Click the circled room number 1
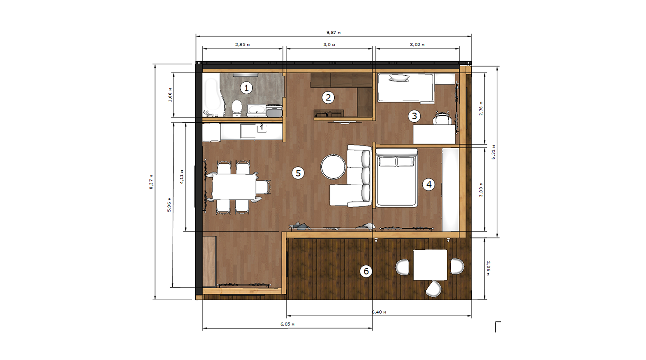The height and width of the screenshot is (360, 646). point(246,88)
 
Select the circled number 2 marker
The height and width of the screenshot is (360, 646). point(328,98)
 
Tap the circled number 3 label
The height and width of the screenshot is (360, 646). point(414,116)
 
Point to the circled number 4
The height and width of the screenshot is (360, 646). point(429,184)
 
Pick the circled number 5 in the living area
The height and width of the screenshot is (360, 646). point(298,173)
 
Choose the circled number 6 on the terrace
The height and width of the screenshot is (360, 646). point(366,271)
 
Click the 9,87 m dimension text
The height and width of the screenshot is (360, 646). point(333,33)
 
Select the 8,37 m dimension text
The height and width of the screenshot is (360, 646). point(151,182)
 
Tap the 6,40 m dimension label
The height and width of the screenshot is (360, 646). point(379,312)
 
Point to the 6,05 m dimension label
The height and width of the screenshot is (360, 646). point(288,324)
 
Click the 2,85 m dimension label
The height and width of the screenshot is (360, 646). point(243,44)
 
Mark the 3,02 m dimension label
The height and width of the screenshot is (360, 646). point(417,44)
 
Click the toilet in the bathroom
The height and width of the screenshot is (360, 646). point(237,108)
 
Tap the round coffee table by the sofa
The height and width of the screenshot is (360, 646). point(333,167)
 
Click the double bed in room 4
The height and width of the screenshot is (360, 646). point(396,178)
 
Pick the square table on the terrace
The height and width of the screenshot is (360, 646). point(430,265)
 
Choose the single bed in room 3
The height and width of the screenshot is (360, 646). point(406,88)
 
